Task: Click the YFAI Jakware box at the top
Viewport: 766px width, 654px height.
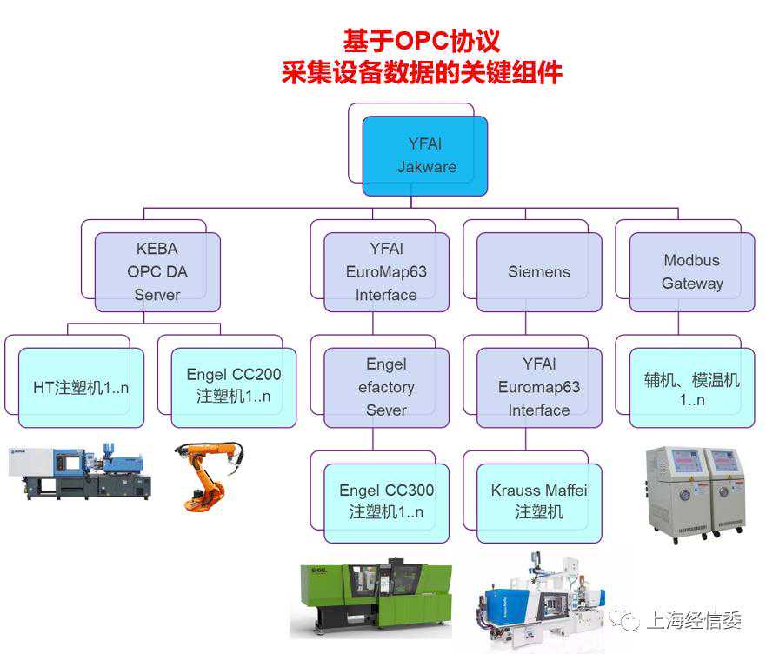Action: click(425, 156)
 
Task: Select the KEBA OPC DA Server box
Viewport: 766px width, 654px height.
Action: click(157, 272)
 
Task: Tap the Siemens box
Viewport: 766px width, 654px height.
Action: click(539, 272)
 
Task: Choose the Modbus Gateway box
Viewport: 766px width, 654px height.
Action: click(692, 272)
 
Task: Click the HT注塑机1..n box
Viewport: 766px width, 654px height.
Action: click(81, 388)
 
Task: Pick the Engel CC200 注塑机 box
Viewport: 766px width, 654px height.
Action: click(234, 386)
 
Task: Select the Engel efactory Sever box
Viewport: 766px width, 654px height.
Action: click(386, 388)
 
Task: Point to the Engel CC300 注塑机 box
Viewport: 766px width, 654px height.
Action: click(386, 502)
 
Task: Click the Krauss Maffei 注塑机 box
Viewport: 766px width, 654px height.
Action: click(539, 502)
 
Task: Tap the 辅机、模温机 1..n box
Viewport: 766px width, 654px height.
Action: click(692, 388)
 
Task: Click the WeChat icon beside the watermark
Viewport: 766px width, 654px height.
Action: click(624, 620)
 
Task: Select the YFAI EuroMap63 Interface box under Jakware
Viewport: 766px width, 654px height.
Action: click(386, 272)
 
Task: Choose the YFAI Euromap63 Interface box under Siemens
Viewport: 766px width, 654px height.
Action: click(539, 388)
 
